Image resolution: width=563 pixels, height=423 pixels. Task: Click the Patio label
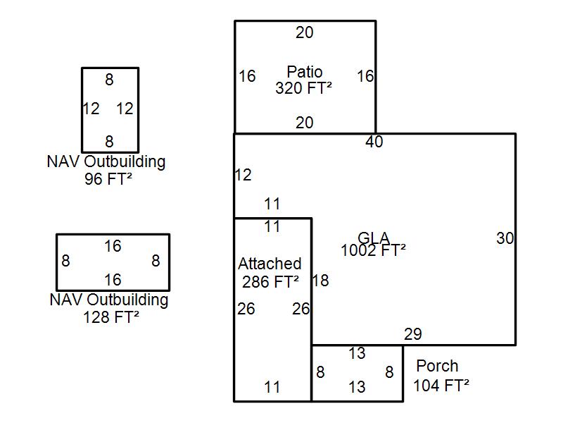point(305,72)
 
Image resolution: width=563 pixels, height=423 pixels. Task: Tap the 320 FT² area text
point(304,88)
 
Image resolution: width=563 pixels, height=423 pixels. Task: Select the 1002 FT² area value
point(373,250)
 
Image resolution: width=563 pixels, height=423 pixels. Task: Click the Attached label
point(270,264)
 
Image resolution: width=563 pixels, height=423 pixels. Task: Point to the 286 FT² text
point(270,281)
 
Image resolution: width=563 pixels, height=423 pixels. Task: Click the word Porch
point(437,366)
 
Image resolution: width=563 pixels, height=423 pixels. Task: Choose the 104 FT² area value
point(441,385)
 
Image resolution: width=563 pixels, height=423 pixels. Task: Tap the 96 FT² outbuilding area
point(108,178)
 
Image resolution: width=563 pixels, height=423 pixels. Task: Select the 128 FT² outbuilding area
point(111,317)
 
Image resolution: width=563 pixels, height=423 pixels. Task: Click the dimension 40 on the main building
point(374,142)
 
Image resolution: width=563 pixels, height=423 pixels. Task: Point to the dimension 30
point(505,238)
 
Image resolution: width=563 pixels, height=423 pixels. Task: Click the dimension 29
point(413,334)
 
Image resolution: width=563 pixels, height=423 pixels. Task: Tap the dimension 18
point(320,281)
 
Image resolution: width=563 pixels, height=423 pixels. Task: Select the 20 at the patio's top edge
point(305,32)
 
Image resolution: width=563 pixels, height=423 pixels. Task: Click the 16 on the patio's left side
point(246,76)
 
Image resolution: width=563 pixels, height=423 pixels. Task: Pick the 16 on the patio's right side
point(365,76)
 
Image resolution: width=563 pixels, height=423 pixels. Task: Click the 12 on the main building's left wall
point(243,175)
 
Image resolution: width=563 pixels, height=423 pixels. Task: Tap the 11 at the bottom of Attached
point(272,386)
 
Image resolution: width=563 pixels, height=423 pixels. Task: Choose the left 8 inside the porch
point(320,372)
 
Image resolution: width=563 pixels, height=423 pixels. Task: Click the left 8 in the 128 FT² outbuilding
point(65,261)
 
